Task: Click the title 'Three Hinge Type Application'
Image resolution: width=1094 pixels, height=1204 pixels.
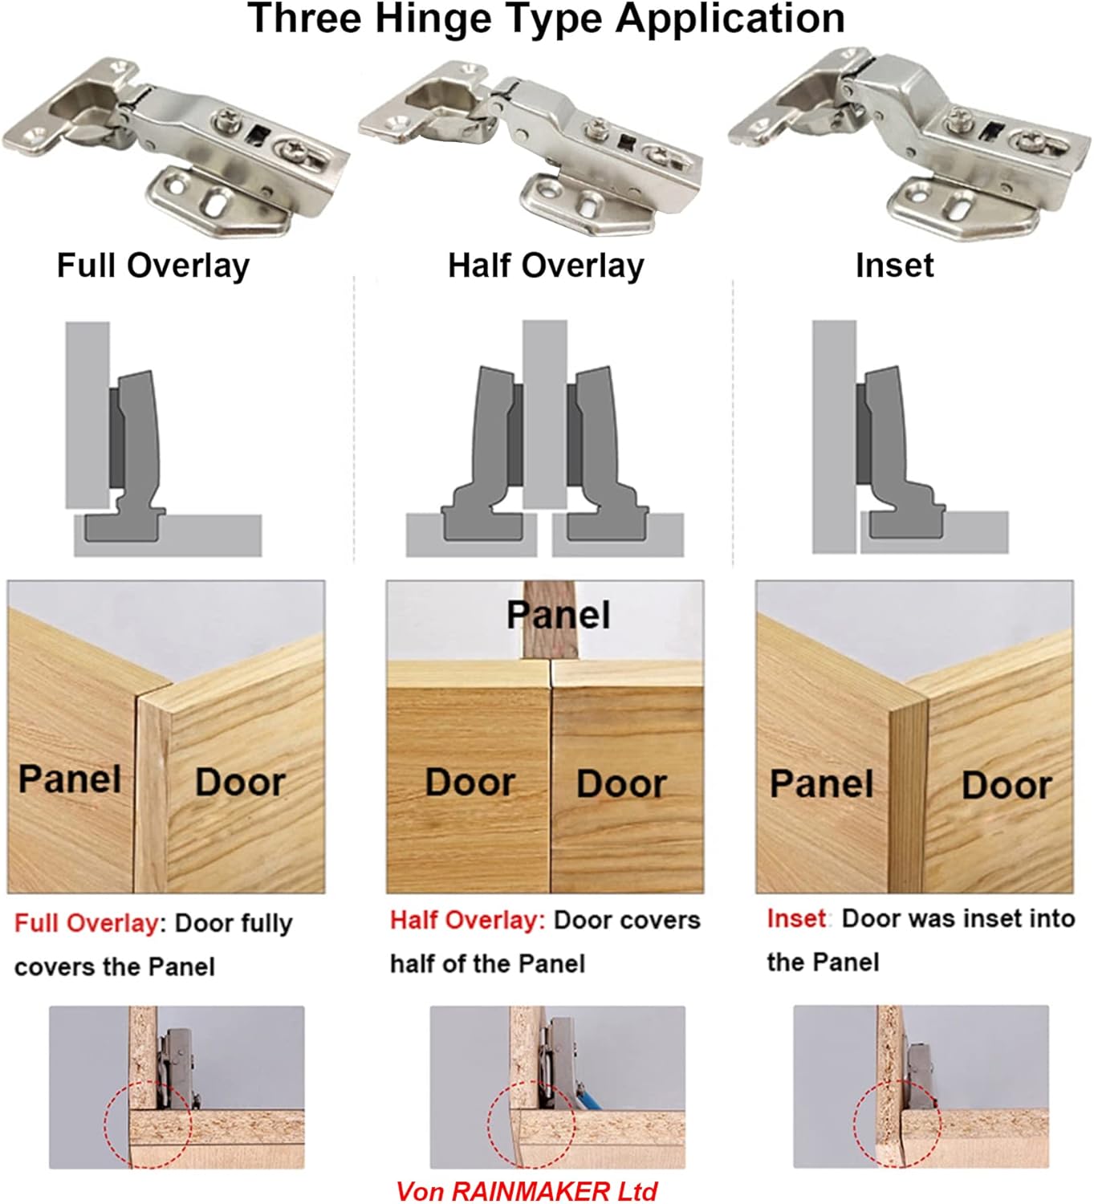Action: pos(546,19)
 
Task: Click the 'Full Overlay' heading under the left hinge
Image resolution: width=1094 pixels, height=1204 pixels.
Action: pos(153,266)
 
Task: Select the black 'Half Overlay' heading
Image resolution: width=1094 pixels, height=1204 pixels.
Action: pos(546,266)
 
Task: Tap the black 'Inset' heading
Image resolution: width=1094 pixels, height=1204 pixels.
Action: pos(894,266)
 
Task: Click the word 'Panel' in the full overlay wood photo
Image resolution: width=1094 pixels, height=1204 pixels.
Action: pos(70,779)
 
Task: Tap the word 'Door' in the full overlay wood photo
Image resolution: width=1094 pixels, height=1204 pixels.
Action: pos(240,783)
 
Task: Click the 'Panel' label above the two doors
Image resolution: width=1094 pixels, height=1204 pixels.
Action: pos(558,616)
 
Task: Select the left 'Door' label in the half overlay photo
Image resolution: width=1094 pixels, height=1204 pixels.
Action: pos(470,783)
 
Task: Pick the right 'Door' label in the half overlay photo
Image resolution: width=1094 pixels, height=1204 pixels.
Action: pos(621,784)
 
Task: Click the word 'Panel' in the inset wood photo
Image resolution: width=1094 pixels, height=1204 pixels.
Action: pos(821,784)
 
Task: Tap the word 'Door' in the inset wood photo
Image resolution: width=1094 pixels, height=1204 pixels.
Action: pos(1007,786)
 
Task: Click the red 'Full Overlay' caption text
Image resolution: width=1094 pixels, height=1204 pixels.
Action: pos(86,923)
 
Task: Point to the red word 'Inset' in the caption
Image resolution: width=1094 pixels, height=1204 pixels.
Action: pos(795,918)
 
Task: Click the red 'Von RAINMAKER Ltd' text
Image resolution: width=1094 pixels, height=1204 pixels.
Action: pos(527,1191)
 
